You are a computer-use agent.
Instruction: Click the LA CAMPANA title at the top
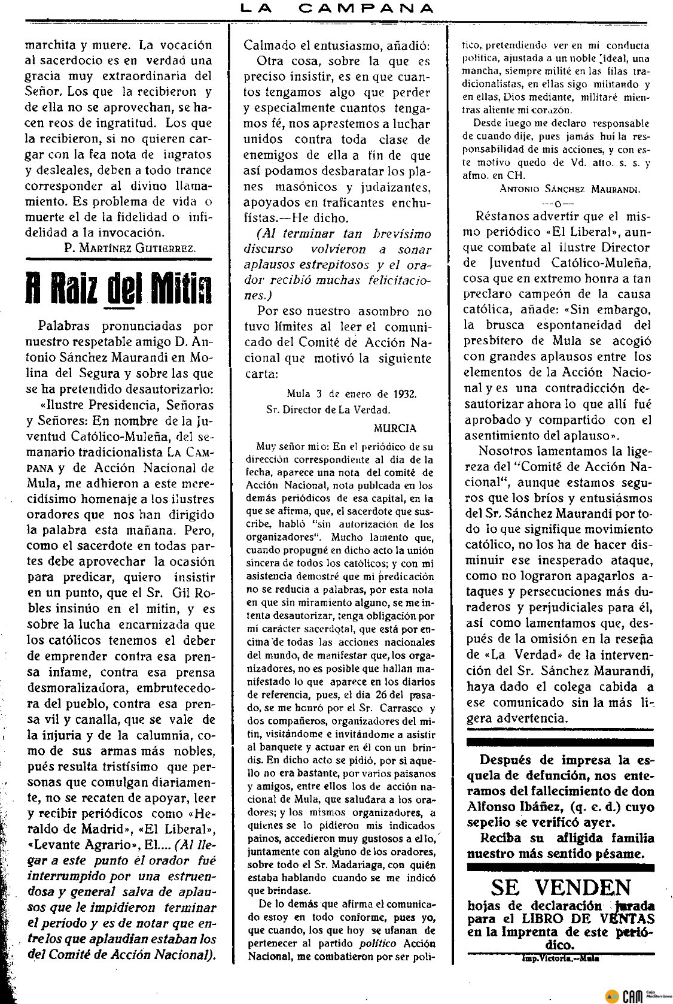tap(336, 8)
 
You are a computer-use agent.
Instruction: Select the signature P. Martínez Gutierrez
tap(129, 248)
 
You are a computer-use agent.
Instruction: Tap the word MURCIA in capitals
tap(395, 428)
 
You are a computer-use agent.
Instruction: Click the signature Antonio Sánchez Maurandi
tap(570, 189)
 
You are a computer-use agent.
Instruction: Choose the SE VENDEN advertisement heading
tap(561, 887)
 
